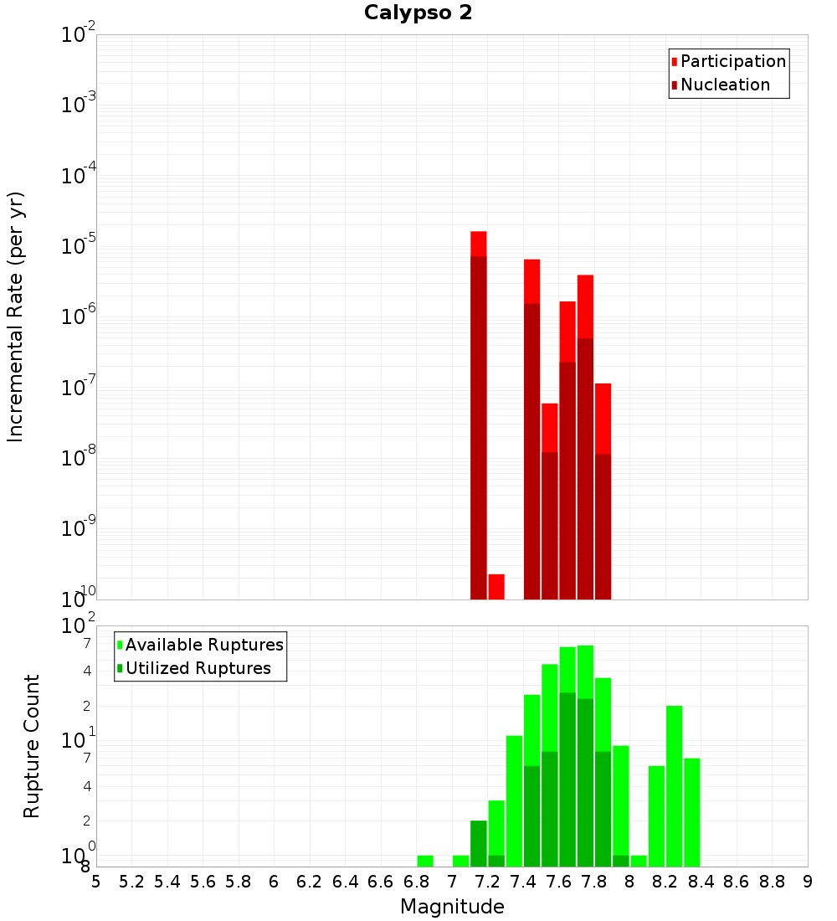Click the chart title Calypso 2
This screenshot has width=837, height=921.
[418, 13]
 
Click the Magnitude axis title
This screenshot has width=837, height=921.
[452, 907]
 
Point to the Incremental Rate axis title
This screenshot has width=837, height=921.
[16, 316]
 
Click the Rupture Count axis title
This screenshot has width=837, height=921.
[32, 745]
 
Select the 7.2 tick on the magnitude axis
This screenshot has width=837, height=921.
[487, 882]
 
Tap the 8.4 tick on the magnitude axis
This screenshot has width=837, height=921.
[701, 882]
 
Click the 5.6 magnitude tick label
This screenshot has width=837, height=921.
[203, 882]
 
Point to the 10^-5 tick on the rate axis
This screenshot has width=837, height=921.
[79, 247]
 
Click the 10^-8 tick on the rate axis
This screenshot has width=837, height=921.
[79, 459]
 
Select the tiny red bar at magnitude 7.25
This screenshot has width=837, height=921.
[496, 586]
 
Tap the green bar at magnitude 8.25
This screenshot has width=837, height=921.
[675, 786]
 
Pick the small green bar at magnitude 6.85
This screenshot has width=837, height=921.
[425, 861]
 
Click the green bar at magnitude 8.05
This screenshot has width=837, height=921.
[639, 861]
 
